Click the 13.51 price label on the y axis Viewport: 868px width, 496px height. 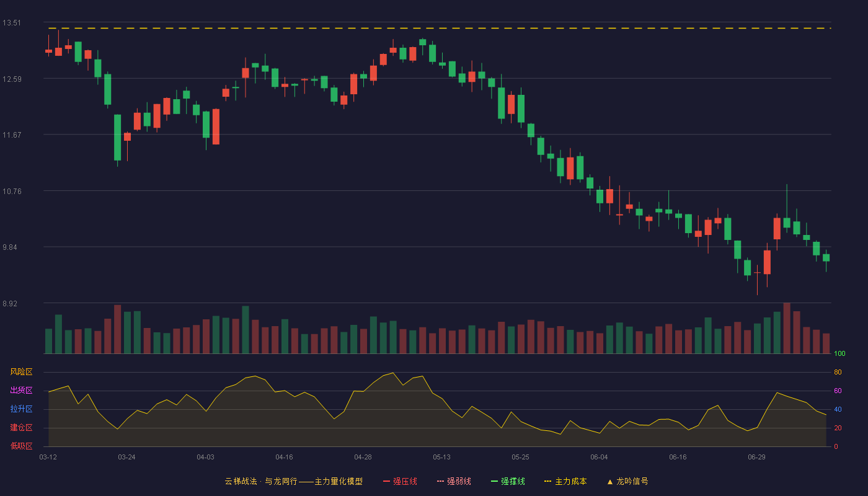click(12, 23)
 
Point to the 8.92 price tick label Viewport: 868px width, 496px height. click(10, 303)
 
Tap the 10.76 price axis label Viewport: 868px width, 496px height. click(12, 192)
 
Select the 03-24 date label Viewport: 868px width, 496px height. click(126, 458)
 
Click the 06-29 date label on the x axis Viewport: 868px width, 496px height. click(757, 458)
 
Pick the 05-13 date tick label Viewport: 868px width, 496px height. click(441, 458)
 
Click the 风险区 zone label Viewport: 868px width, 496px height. click(21, 372)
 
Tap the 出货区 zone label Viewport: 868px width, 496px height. click(21, 390)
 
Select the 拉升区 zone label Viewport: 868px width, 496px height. click(21, 409)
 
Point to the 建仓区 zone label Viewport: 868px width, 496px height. click(21, 427)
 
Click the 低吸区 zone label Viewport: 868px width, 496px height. click(21, 446)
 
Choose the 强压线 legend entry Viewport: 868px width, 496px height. click(401, 481)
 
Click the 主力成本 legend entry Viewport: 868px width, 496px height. click(565, 481)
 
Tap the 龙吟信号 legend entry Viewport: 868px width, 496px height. click(627, 481)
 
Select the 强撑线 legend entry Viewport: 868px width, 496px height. click(508, 481)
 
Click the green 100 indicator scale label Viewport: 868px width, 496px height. click(839, 353)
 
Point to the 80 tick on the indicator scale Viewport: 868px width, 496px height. click(838, 372)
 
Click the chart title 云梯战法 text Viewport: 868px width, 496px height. click(241, 481)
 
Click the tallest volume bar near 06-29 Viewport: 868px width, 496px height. click(787, 328)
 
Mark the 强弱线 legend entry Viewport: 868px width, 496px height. click(454, 481)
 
